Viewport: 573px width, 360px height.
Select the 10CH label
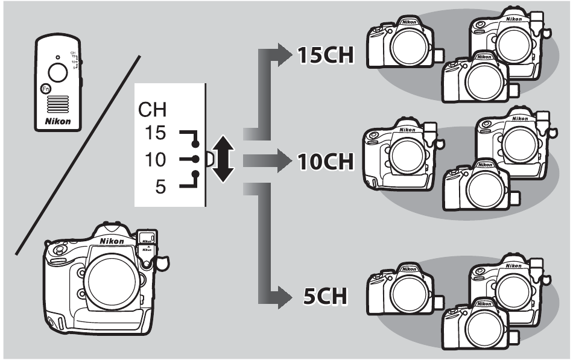coord(324,162)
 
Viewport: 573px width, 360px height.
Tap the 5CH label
coord(324,297)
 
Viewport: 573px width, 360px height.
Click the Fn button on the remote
coord(45,89)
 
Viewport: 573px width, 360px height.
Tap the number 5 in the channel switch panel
coord(159,187)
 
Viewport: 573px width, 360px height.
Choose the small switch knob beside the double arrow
coord(209,159)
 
